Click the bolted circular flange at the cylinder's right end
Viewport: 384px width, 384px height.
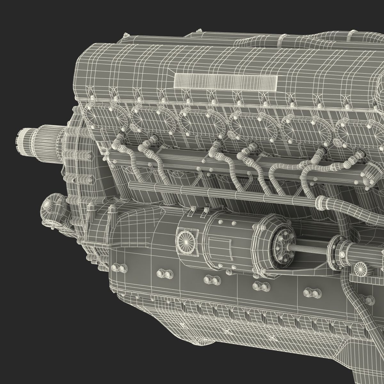coord(282,249)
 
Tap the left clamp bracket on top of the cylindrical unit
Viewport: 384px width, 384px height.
coord(193,210)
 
